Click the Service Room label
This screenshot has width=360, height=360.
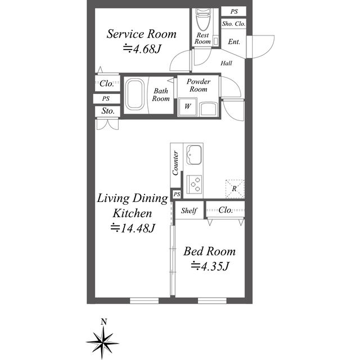(x=142, y=34)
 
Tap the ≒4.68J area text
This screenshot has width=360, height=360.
(x=142, y=49)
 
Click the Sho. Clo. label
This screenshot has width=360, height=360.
(x=233, y=24)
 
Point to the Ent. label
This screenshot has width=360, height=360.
(x=234, y=42)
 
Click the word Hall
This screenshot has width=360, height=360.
(x=226, y=63)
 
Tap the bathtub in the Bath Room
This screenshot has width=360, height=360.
(x=134, y=94)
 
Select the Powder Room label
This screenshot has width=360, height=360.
(x=198, y=85)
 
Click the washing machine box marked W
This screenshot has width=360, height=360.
(x=186, y=106)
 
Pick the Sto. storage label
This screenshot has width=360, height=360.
(x=108, y=111)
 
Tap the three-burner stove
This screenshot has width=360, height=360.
(x=195, y=183)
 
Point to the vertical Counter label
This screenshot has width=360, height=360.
(x=176, y=163)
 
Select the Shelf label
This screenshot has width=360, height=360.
(x=189, y=211)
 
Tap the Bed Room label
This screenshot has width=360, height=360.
(x=210, y=251)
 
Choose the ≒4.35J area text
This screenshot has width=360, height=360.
(x=209, y=266)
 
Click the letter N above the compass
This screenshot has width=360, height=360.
(x=103, y=322)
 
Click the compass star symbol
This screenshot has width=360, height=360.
(x=103, y=340)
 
